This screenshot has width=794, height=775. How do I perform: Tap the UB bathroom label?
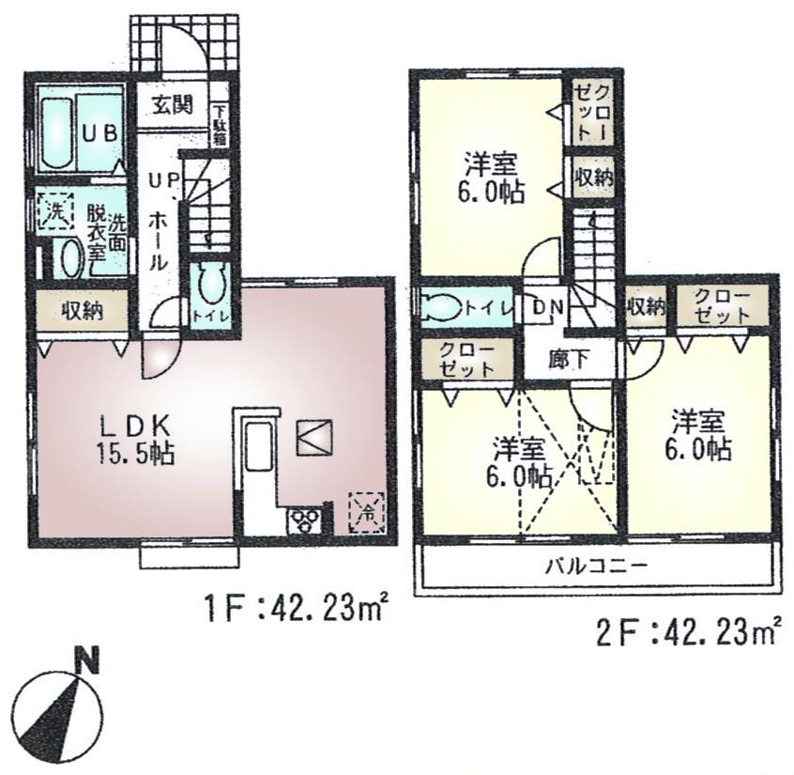(98, 134)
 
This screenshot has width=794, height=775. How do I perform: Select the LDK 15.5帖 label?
(132, 436)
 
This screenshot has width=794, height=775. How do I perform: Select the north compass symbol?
(55, 714)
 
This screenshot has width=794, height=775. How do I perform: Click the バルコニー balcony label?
(596, 566)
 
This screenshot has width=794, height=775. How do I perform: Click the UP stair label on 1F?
(156, 180)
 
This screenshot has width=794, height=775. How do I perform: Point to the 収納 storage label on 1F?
(82, 311)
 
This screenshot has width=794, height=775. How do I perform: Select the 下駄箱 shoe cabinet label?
(219, 122)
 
